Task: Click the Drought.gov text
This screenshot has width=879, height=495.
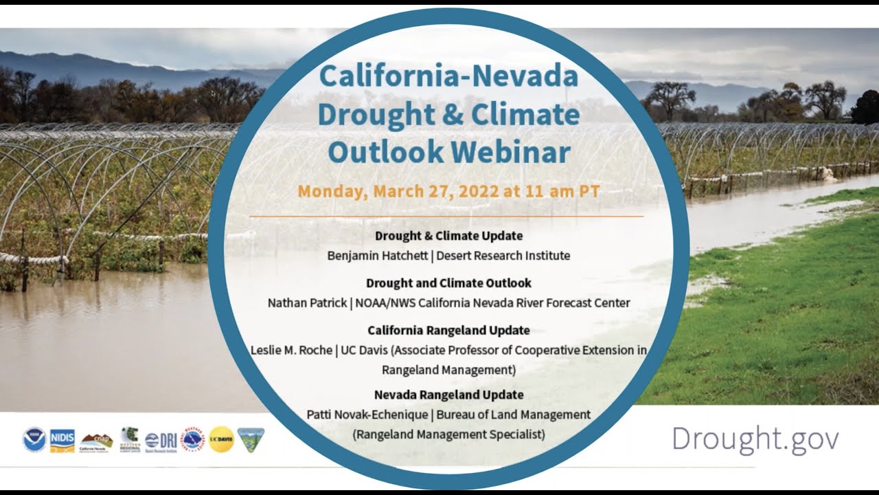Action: [755, 439]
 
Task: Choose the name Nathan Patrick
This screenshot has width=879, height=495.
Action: [307, 302]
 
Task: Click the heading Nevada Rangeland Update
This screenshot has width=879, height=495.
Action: [448, 395]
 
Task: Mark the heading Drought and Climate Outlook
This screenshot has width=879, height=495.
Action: [448, 283]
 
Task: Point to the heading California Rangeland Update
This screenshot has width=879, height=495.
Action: [448, 330]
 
